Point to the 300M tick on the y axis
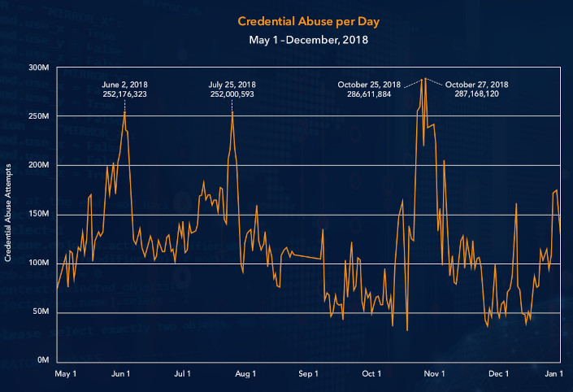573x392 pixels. click(x=38, y=68)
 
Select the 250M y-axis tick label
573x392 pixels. click(x=38, y=116)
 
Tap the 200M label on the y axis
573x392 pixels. click(x=38, y=165)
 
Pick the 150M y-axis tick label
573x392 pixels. click(x=38, y=215)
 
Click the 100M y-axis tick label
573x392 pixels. click(x=38, y=264)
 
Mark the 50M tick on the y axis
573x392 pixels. click(x=40, y=312)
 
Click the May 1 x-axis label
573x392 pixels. click(x=65, y=374)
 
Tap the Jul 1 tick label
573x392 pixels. click(x=183, y=374)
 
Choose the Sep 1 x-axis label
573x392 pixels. click(x=308, y=374)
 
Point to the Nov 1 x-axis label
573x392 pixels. click(x=435, y=374)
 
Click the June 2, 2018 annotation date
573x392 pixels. click(x=124, y=84)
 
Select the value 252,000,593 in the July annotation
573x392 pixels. click(x=232, y=94)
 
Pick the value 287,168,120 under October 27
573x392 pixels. click(x=477, y=94)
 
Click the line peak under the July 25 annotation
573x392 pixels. click(x=232, y=112)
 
